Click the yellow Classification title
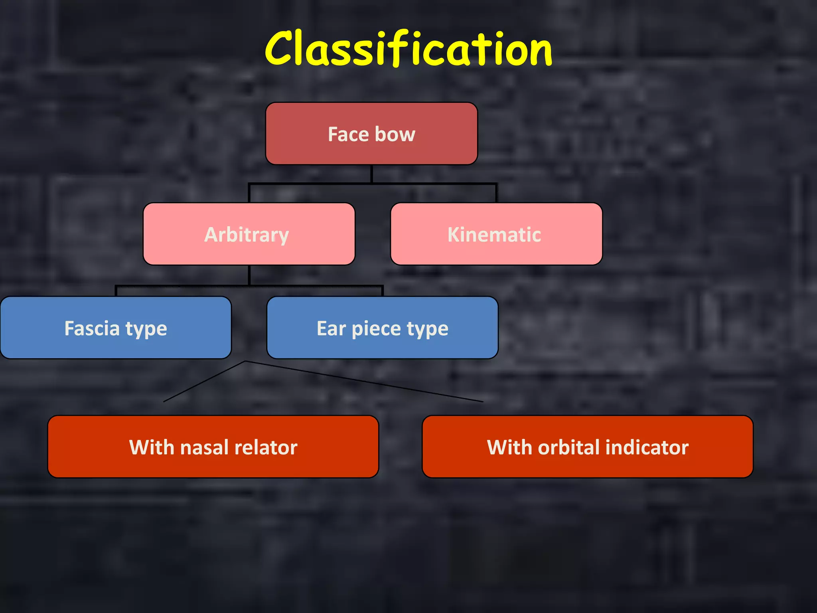pos(408,49)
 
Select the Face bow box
pos(371,134)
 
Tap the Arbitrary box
pos(249,234)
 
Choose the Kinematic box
pos(496,234)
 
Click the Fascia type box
pos(116,328)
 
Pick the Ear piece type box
pos(382,328)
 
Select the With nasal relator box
pos(213,447)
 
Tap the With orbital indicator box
pos(588,447)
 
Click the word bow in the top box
pos(395,134)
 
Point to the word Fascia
pos(92,328)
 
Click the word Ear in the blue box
pos(331,328)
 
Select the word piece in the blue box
pos(376,329)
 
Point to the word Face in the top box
pos(348,134)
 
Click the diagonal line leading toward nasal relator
pos(204,382)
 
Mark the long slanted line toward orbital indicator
pos(364,382)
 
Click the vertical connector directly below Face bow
pos(372,174)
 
